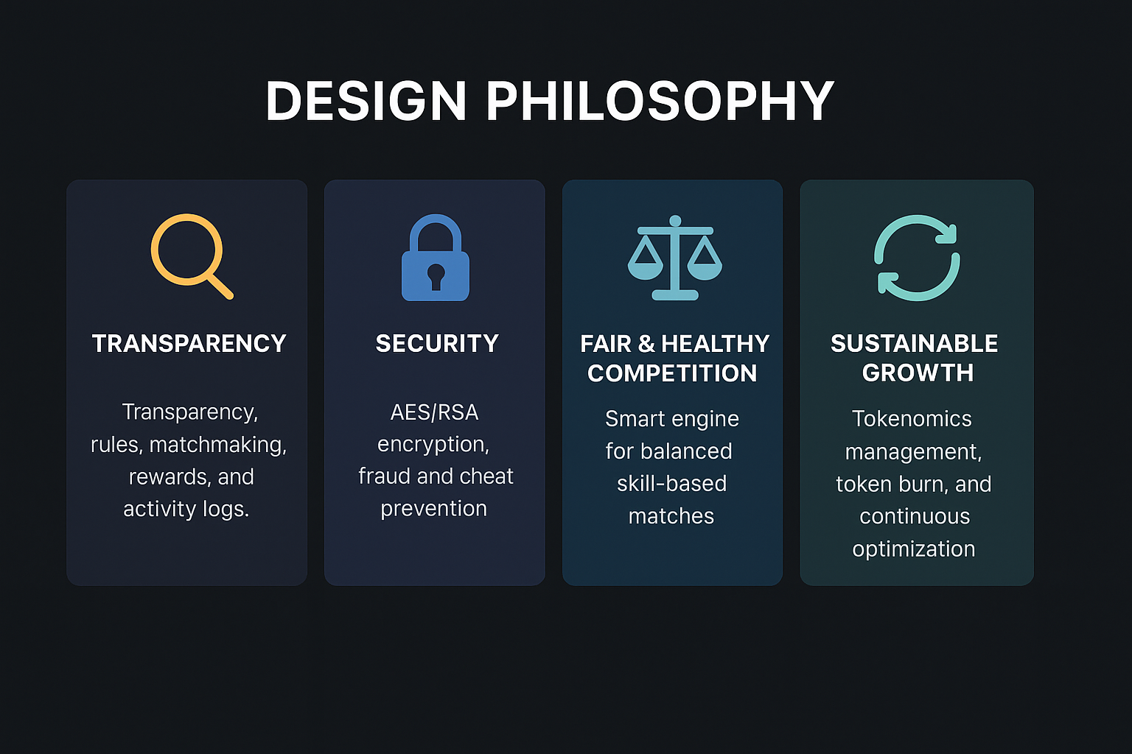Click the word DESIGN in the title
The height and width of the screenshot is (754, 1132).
366,101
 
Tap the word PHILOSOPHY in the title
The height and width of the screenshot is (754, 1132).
660,101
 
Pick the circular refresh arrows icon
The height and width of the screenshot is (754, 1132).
917,258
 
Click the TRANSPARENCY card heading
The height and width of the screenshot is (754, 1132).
189,344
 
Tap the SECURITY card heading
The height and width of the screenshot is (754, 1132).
437,344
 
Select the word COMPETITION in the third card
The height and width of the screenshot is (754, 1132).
672,373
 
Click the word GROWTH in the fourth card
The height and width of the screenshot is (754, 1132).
918,373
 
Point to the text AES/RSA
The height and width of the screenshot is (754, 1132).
434,412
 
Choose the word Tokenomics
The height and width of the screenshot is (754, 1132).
912,419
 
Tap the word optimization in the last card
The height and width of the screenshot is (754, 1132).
913,549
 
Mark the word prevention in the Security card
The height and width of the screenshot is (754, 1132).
433,509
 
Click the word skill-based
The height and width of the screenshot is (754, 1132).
671,484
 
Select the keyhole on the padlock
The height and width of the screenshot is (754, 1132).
436,276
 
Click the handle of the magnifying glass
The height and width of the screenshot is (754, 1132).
220,286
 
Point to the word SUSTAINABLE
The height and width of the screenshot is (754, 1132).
914,344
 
